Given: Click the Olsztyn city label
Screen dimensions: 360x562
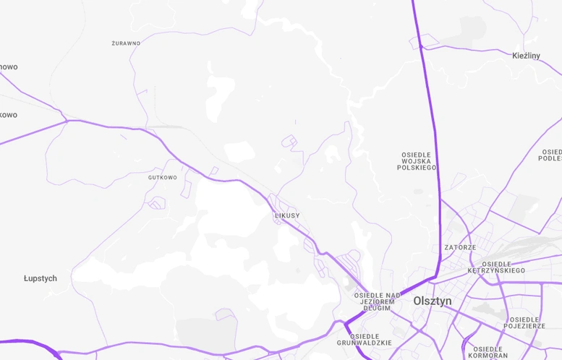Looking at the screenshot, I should tap(432, 301).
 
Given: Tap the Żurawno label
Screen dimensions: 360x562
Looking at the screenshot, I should tap(126, 43).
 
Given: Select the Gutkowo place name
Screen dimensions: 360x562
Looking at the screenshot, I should tap(162, 177).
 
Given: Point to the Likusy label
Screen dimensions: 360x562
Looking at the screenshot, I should tap(286, 215).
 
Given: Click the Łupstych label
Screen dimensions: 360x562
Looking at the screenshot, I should tap(40, 278).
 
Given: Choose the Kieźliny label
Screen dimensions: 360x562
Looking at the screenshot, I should tap(526, 56).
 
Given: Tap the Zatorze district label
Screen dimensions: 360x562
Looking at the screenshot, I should tap(460, 247).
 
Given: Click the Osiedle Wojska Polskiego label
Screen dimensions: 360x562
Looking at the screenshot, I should tap(417, 161).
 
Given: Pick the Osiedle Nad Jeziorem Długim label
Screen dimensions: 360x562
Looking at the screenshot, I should tap(377, 301).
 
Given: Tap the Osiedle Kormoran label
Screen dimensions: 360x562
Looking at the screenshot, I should tap(488, 351).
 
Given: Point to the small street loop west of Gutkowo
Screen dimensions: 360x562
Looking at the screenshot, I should tap(156, 203).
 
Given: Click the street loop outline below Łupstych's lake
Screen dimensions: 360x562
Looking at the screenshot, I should tap(226, 314).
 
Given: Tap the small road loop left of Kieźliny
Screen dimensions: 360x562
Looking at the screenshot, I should tap(427, 40).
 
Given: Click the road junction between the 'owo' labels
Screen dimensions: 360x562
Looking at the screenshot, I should tap(66, 120).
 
